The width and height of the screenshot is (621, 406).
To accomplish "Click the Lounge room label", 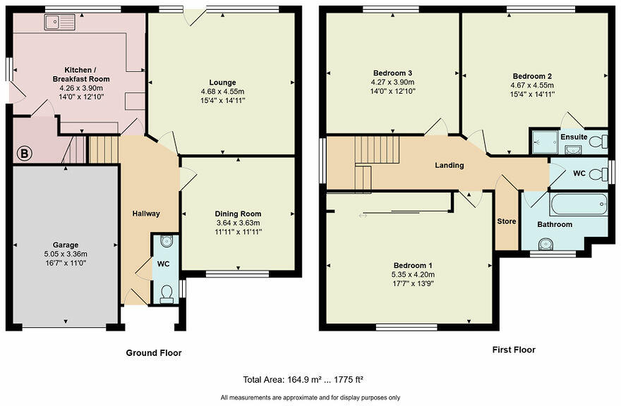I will point(222,82).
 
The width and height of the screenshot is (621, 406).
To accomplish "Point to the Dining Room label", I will point(238,214).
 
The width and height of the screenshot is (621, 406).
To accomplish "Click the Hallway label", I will point(146,214).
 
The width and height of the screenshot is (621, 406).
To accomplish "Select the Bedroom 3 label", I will point(392,73).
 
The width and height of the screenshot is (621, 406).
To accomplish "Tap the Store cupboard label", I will point(507,221).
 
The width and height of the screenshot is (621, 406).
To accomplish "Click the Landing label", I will point(449,166).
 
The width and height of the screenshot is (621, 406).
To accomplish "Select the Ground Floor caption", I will point(153,353).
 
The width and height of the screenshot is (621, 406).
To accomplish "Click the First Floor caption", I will point(513,350).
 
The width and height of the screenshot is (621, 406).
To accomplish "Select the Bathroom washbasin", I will point(545,245).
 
